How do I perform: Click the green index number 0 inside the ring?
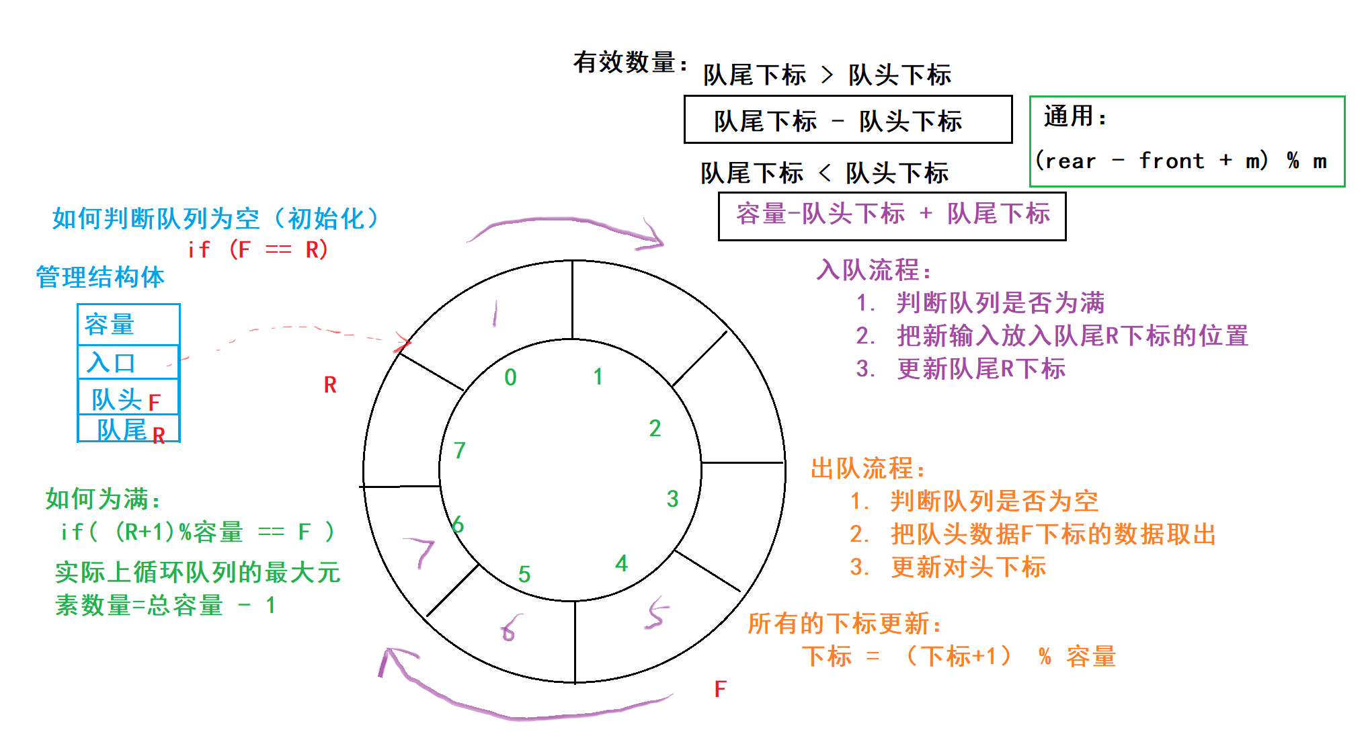[510, 378]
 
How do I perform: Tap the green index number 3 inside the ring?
[672, 499]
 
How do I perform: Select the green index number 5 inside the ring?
[524, 574]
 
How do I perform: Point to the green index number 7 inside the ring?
[460, 450]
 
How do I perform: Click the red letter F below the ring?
[720, 689]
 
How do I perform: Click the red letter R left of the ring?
[329, 385]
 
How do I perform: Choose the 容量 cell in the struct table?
[128, 325]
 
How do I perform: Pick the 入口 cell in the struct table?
[128, 363]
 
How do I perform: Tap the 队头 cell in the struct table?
[128, 399]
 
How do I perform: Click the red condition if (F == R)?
[257, 250]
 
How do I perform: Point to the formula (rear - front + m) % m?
[1181, 161]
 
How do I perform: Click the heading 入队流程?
[874, 271]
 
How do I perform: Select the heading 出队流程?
[868, 469]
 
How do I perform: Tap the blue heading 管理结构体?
[100, 277]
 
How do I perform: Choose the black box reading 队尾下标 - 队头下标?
[848, 120]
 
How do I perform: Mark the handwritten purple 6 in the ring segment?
[510, 628]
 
